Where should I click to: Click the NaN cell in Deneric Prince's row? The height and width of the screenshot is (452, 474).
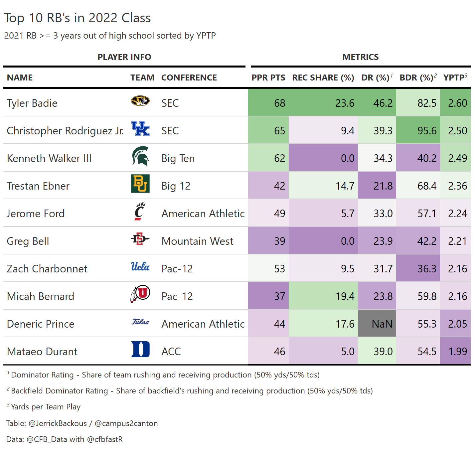click(x=382, y=324)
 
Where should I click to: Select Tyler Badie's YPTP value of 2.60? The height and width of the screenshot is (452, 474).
click(x=457, y=103)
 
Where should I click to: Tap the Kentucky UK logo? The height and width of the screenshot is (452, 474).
click(x=140, y=129)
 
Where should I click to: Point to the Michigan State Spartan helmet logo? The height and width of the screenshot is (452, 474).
click(x=140, y=156)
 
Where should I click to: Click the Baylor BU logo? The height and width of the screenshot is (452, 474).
click(x=140, y=184)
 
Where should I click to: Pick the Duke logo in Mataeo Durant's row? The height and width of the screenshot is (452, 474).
click(x=140, y=349)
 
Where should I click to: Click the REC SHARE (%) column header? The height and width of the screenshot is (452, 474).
click(x=323, y=77)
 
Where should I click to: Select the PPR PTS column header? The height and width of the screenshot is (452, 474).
click(x=268, y=77)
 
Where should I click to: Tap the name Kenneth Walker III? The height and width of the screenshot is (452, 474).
click(x=49, y=158)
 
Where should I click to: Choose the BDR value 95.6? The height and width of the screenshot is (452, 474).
click(x=427, y=131)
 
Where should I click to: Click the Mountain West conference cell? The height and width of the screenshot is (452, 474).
click(x=197, y=241)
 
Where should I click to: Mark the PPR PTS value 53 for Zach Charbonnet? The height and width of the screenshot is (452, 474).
click(x=279, y=269)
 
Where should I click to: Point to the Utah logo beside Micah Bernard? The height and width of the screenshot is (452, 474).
click(x=140, y=294)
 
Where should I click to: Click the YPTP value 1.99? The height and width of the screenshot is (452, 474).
click(x=457, y=352)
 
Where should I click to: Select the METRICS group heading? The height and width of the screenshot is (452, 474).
click(x=360, y=57)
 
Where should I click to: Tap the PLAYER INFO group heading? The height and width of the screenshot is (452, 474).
click(x=124, y=57)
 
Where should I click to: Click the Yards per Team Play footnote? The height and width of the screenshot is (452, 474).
click(x=46, y=407)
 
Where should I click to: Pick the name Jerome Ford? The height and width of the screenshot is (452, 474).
click(x=36, y=214)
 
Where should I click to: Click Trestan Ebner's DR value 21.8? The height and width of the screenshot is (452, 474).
click(x=383, y=186)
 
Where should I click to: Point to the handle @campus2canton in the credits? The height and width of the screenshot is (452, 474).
click(x=126, y=423)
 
